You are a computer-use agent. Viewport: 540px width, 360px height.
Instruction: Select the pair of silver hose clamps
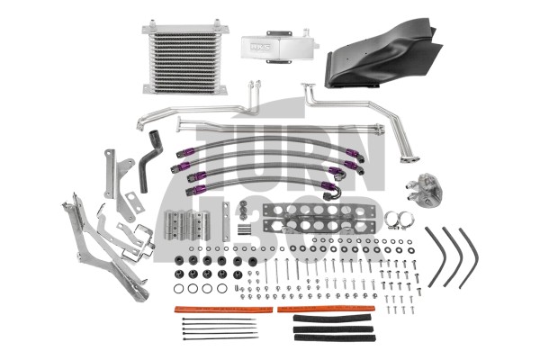[x=397, y=219]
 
